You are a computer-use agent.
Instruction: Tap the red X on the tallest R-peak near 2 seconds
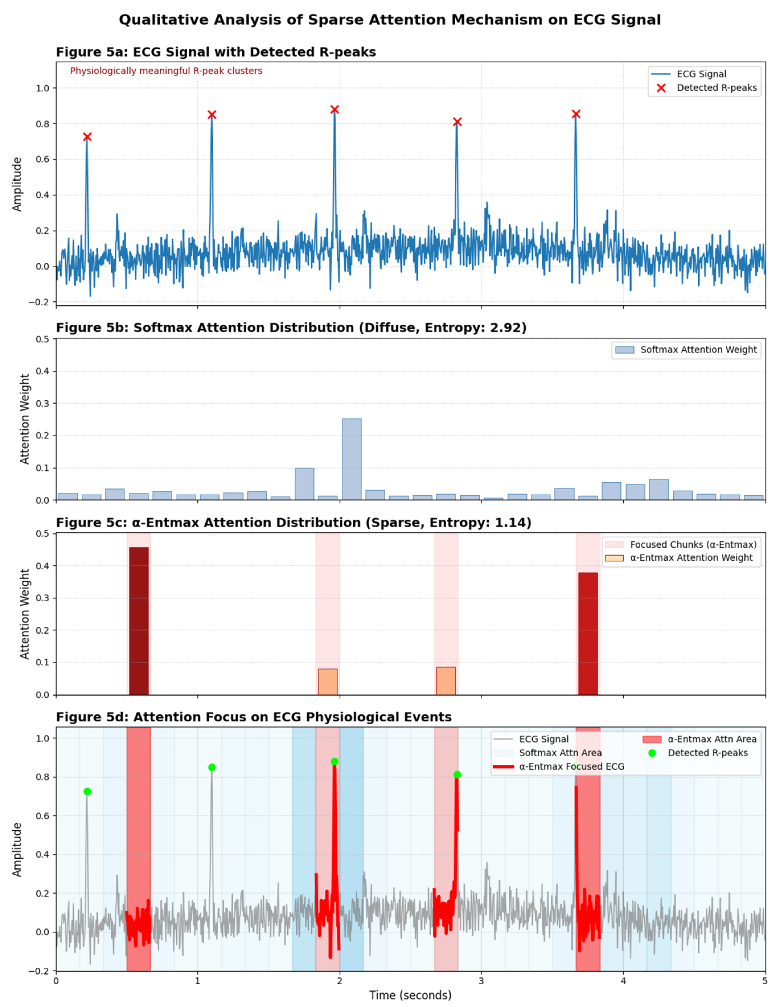point(335,109)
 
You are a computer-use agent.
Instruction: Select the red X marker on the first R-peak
point(87,137)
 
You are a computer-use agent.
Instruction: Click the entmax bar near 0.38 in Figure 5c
point(588,633)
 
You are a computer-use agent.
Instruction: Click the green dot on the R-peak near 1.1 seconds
point(211,767)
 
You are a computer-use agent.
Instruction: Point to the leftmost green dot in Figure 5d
point(87,791)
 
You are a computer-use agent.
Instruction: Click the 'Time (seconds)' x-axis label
point(410,995)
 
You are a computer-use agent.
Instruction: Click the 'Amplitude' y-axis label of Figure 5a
point(17,184)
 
